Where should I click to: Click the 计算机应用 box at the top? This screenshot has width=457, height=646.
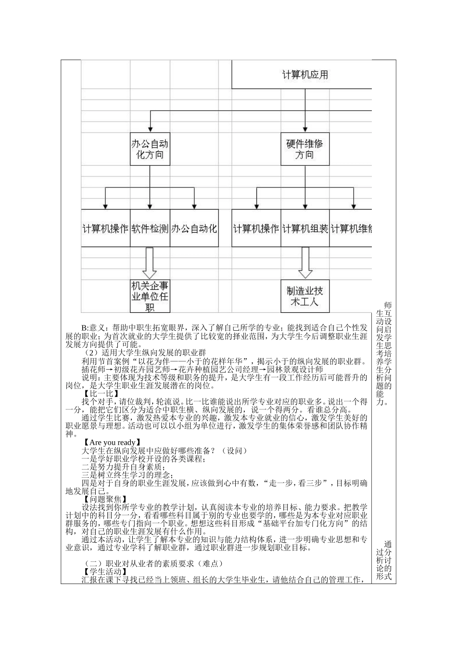[305, 75]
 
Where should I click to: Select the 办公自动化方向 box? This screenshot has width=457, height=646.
[150, 149]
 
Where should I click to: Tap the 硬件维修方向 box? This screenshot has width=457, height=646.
[305, 149]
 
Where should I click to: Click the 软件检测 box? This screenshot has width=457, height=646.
[150, 228]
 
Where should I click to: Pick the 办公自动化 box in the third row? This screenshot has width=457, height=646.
[194, 228]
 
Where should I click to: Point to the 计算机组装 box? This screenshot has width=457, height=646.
[305, 228]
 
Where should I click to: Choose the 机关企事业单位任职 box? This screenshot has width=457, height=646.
[150, 296]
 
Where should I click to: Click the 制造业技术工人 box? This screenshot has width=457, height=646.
[305, 296]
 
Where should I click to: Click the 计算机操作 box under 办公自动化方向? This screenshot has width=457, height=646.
[105, 228]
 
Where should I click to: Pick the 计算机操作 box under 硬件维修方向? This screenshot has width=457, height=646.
[256, 228]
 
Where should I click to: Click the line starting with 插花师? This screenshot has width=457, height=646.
[202, 370]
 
